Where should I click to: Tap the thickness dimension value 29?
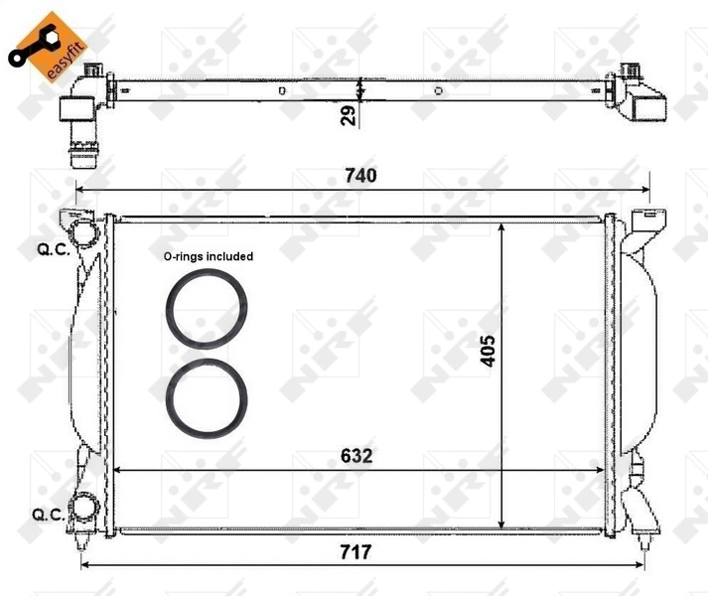click(347, 116)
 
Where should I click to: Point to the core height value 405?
click(488, 351)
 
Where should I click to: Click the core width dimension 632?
click(357, 456)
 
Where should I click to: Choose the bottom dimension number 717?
click(355, 552)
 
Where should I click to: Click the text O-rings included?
click(209, 256)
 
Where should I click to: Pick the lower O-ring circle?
click(207, 398)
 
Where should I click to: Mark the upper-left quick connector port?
click(86, 234)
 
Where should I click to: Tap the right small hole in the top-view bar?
click(439, 90)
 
